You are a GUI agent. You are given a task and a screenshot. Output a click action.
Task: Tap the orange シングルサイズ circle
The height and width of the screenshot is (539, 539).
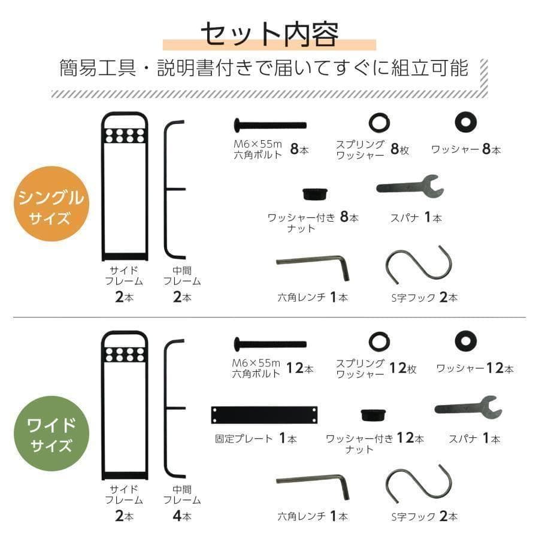coord(52,204)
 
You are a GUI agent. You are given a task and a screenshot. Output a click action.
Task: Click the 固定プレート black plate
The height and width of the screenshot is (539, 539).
coord(264,414)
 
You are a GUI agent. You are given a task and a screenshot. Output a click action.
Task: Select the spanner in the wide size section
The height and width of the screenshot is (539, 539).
coord(467,408)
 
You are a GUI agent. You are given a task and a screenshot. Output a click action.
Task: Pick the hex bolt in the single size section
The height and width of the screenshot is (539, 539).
coord(269,125)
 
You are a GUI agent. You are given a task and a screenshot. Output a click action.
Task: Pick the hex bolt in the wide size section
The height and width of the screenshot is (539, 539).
coord(269,344)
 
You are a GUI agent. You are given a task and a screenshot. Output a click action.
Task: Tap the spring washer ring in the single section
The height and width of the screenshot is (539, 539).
coord(378,123)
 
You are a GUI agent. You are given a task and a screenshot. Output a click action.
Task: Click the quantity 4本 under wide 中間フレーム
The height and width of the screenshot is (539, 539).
coord(182,515)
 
